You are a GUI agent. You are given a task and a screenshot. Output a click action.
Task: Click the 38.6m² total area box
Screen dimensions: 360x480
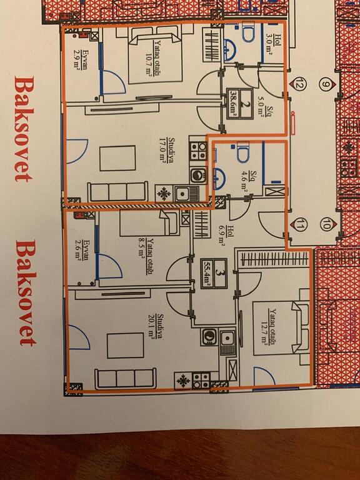(x=240, y=104)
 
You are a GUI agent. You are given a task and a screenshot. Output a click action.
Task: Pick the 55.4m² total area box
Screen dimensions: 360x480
(x=214, y=273)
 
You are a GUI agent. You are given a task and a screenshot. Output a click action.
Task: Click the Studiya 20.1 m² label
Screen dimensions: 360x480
(x=156, y=326)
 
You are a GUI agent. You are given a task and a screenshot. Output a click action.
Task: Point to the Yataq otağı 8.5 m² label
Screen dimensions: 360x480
(x=146, y=256)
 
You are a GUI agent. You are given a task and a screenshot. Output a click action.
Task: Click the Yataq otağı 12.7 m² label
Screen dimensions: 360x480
(x=268, y=326)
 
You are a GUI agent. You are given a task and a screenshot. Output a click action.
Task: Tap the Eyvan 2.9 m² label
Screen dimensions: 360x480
(x=80, y=60)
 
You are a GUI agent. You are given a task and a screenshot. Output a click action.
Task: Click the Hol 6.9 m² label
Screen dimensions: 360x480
(x=226, y=236)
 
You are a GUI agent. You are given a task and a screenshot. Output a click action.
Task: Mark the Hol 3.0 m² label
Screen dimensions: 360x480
(x=273, y=44)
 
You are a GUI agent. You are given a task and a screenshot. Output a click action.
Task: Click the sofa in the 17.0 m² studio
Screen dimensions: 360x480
(x=118, y=192)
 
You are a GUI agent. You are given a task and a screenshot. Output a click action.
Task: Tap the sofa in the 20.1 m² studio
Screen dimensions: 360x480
(x=125, y=378)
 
